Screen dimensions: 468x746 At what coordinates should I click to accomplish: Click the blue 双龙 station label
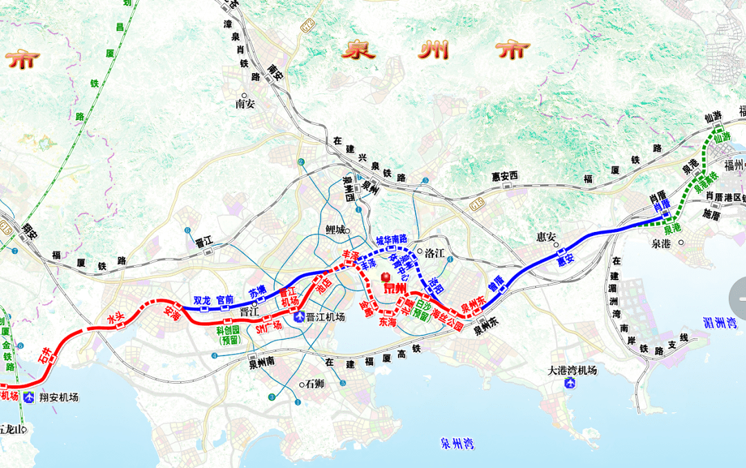point(202,300)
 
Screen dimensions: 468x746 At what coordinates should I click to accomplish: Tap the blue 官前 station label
point(225,300)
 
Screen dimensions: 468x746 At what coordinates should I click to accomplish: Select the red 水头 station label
point(116,319)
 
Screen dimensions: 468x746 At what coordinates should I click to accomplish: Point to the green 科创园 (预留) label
point(229,335)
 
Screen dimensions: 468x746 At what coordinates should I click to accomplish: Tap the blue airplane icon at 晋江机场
point(299,318)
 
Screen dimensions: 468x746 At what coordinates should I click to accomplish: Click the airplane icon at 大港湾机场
point(571,384)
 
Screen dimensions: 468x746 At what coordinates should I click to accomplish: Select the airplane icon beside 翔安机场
point(29,397)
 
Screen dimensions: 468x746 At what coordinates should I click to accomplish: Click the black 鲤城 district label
point(334,231)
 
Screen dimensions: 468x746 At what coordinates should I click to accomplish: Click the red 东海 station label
point(387,322)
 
